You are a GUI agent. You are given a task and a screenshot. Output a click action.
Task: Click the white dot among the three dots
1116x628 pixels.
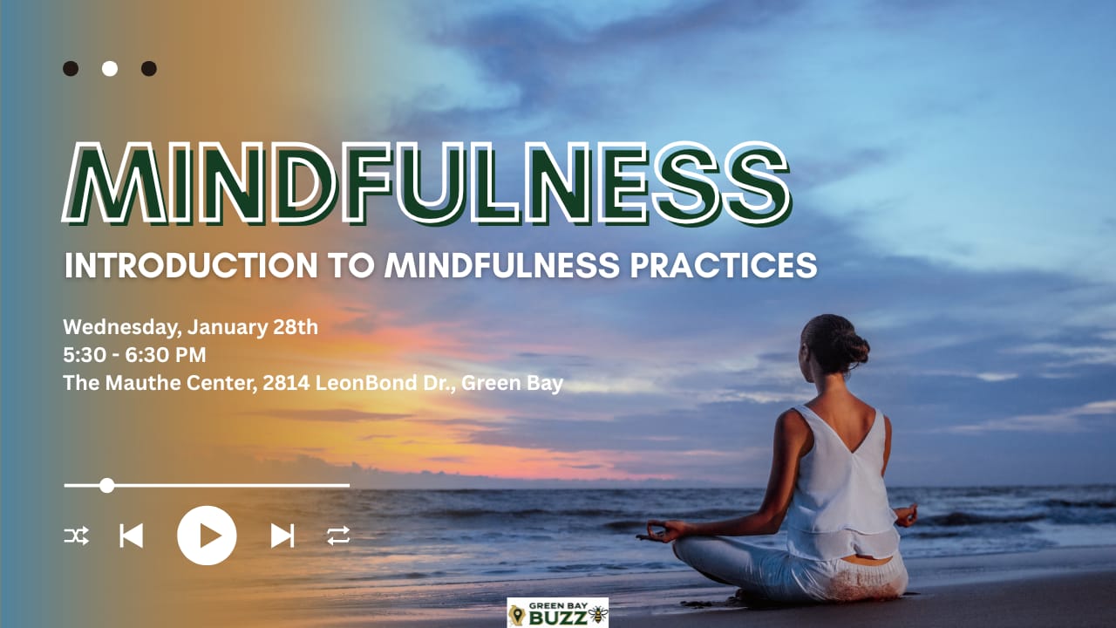click(x=110, y=68)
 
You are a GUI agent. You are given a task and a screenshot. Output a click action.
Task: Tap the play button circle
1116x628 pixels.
click(x=207, y=536)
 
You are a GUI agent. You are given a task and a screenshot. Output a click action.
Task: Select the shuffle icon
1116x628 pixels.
click(x=77, y=536)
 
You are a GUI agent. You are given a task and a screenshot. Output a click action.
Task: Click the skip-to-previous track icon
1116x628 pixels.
click(x=132, y=536)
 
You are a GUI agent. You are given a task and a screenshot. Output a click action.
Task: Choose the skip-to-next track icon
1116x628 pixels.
click(x=282, y=536)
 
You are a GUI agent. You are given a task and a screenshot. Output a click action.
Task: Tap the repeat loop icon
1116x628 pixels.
click(x=338, y=536)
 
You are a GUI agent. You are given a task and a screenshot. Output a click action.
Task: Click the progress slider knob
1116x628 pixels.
click(x=106, y=485)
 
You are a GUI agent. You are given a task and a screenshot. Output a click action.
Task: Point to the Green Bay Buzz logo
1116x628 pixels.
click(x=557, y=612)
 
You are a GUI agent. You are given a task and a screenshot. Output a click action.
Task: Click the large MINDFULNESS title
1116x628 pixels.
click(x=426, y=184)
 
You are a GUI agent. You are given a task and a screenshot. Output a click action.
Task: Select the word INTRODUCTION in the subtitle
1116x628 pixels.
click(x=191, y=265)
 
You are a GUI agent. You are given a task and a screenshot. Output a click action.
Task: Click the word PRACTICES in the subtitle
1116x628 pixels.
click(x=724, y=265)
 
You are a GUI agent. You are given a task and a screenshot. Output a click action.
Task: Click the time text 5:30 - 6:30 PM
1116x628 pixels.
click(x=134, y=355)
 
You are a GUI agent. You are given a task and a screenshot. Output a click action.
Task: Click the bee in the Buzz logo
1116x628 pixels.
click(x=598, y=615)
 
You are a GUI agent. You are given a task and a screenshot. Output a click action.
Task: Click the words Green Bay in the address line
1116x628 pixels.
click(x=512, y=384)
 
